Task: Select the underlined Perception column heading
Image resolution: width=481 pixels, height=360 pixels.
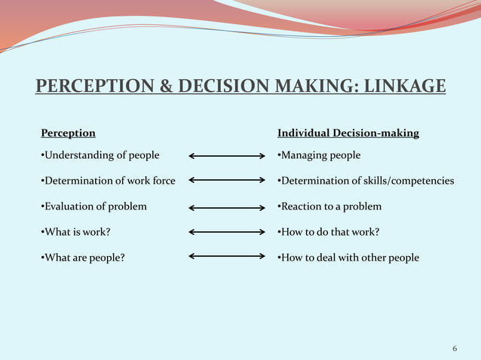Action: pyautogui.click(x=68, y=133)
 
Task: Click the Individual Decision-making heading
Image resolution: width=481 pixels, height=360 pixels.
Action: pyautogui.click(x=348, y=133)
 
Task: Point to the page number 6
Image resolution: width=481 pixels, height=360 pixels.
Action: pyautogui.click(x=455, y=348)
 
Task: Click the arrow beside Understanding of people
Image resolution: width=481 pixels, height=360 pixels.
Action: pyautogui.click(x=226, y=156)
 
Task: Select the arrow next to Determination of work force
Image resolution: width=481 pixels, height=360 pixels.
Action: pyautogui.click(x=226, y=181)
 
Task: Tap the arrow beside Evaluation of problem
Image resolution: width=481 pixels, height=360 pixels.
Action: pyautogui.click(x=226, y=207)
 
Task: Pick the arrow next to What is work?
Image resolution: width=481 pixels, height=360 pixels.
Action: pyautogui.click(x=226, y=232)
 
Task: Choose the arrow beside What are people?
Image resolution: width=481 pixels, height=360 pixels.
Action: pyautogui.click(x=226, y=257)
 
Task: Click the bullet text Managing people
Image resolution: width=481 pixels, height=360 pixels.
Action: pyautogui.click(x=319, y=155)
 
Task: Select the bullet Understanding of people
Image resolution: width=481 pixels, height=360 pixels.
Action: pyautogui.click(x=100, y=155)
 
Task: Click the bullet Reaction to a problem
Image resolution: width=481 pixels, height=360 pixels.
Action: pyautogui.click(x=329, y=206)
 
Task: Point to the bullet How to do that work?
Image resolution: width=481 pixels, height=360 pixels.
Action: pyautogui.click(x=328, y=232)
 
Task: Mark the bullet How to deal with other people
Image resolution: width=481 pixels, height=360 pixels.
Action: pyautogui.click(x=348, y=258)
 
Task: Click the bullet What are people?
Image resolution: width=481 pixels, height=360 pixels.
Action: pyautogui.click(x=83, y=258)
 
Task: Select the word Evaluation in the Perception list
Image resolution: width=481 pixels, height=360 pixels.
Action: pyautogui.click(x=68, y=206)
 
